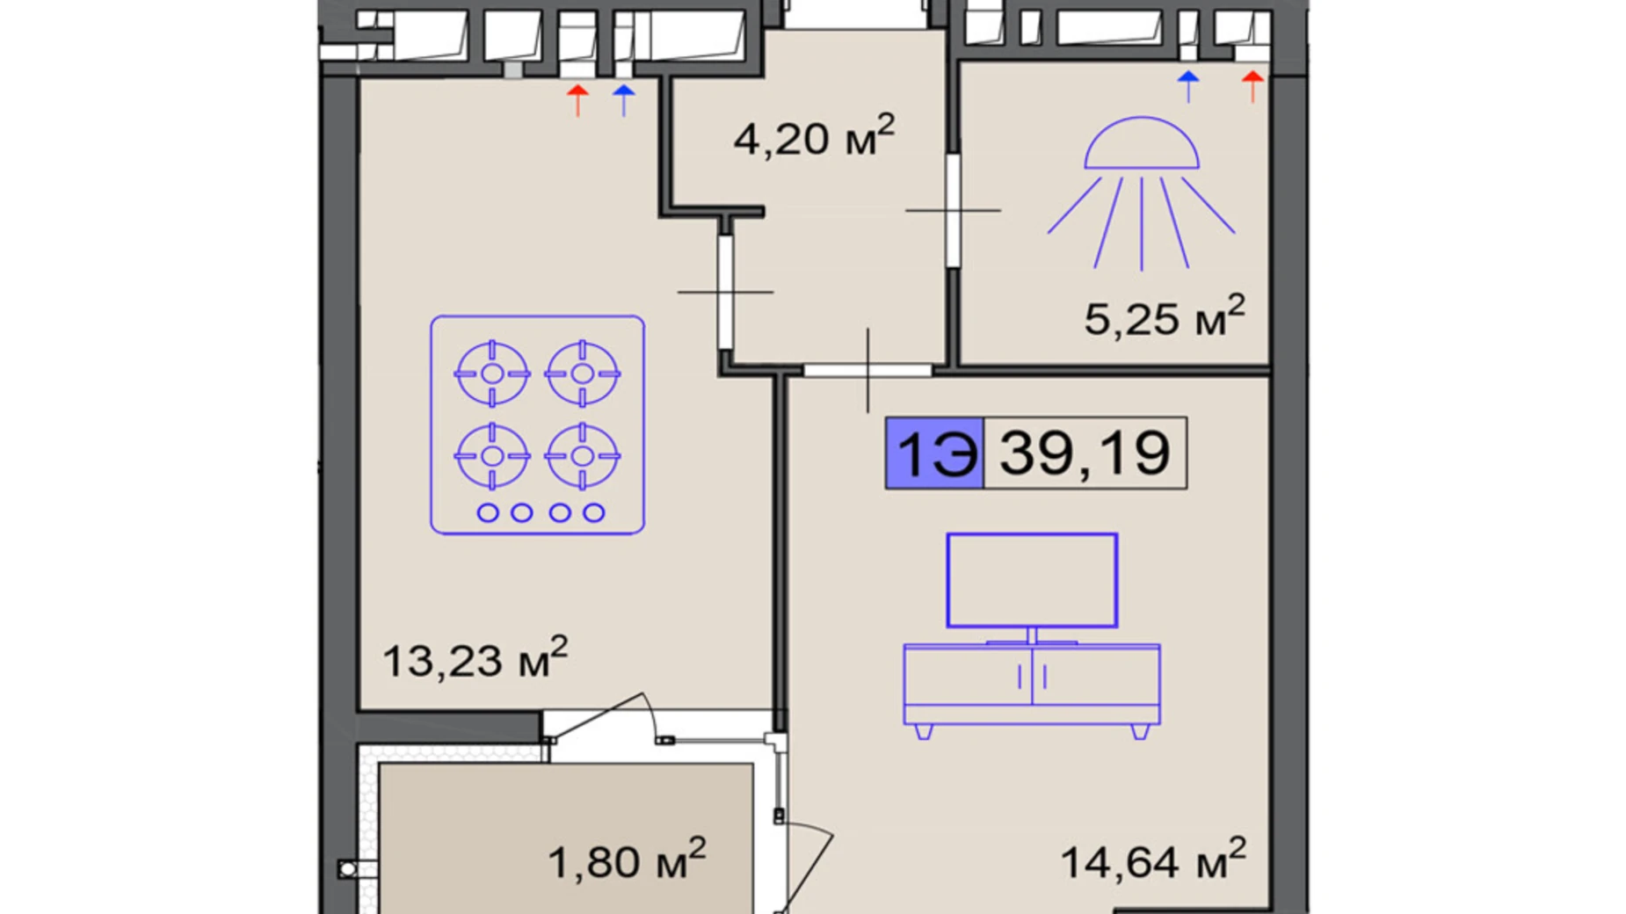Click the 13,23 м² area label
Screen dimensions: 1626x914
(x=475, y=658)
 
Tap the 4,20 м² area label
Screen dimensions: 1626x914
(x=814, y=136)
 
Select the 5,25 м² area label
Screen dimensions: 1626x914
(x=1165, y=316)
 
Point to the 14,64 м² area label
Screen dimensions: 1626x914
(x=1153, y=860)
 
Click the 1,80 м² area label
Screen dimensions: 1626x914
(x=627, y=860)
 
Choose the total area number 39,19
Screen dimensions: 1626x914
(x=1085, y=453)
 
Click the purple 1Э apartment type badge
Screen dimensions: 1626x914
(x=934, y=453)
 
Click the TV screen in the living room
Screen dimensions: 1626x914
(x=1032, y=580)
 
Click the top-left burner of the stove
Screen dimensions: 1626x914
(x=492, y=374)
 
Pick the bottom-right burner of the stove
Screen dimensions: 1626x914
(x=583, y=456)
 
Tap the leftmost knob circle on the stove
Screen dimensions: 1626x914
(x=488, y=512)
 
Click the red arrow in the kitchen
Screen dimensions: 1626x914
(x=577, y=100)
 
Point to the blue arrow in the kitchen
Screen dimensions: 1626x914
(x=623, y=100)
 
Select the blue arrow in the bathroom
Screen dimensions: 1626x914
(x=1188, y=87)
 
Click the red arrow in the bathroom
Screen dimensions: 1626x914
(x=1252, y=87)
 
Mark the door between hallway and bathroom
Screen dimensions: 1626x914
(x=953, y=211)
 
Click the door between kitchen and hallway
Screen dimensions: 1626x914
(x=725, y=292)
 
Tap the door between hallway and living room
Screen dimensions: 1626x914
(x=868, y=370)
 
